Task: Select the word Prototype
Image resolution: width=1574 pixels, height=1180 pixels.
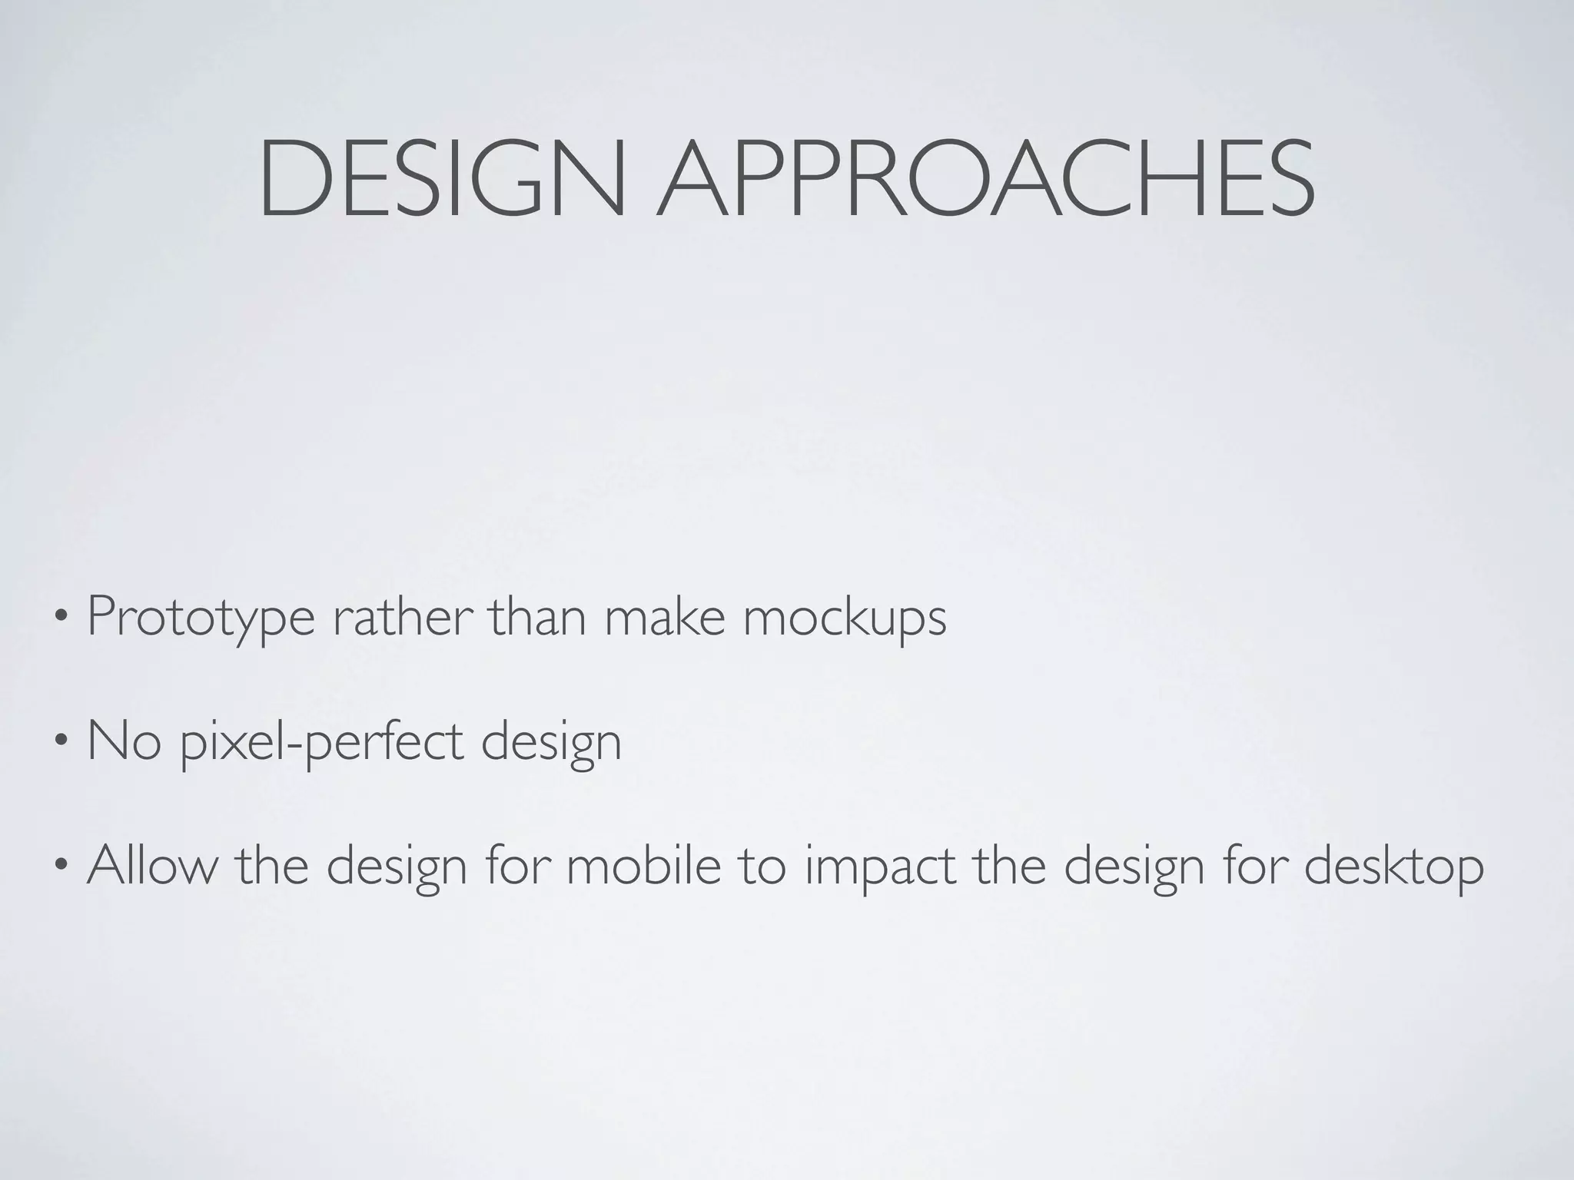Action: (201, 618)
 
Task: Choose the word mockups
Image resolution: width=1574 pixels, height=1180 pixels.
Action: (845, 618)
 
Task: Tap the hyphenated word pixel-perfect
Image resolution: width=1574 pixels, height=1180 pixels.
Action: (322, 743)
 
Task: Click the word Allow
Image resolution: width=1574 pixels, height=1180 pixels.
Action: (152, 865)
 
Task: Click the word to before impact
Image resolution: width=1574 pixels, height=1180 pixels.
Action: (763, 865)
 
